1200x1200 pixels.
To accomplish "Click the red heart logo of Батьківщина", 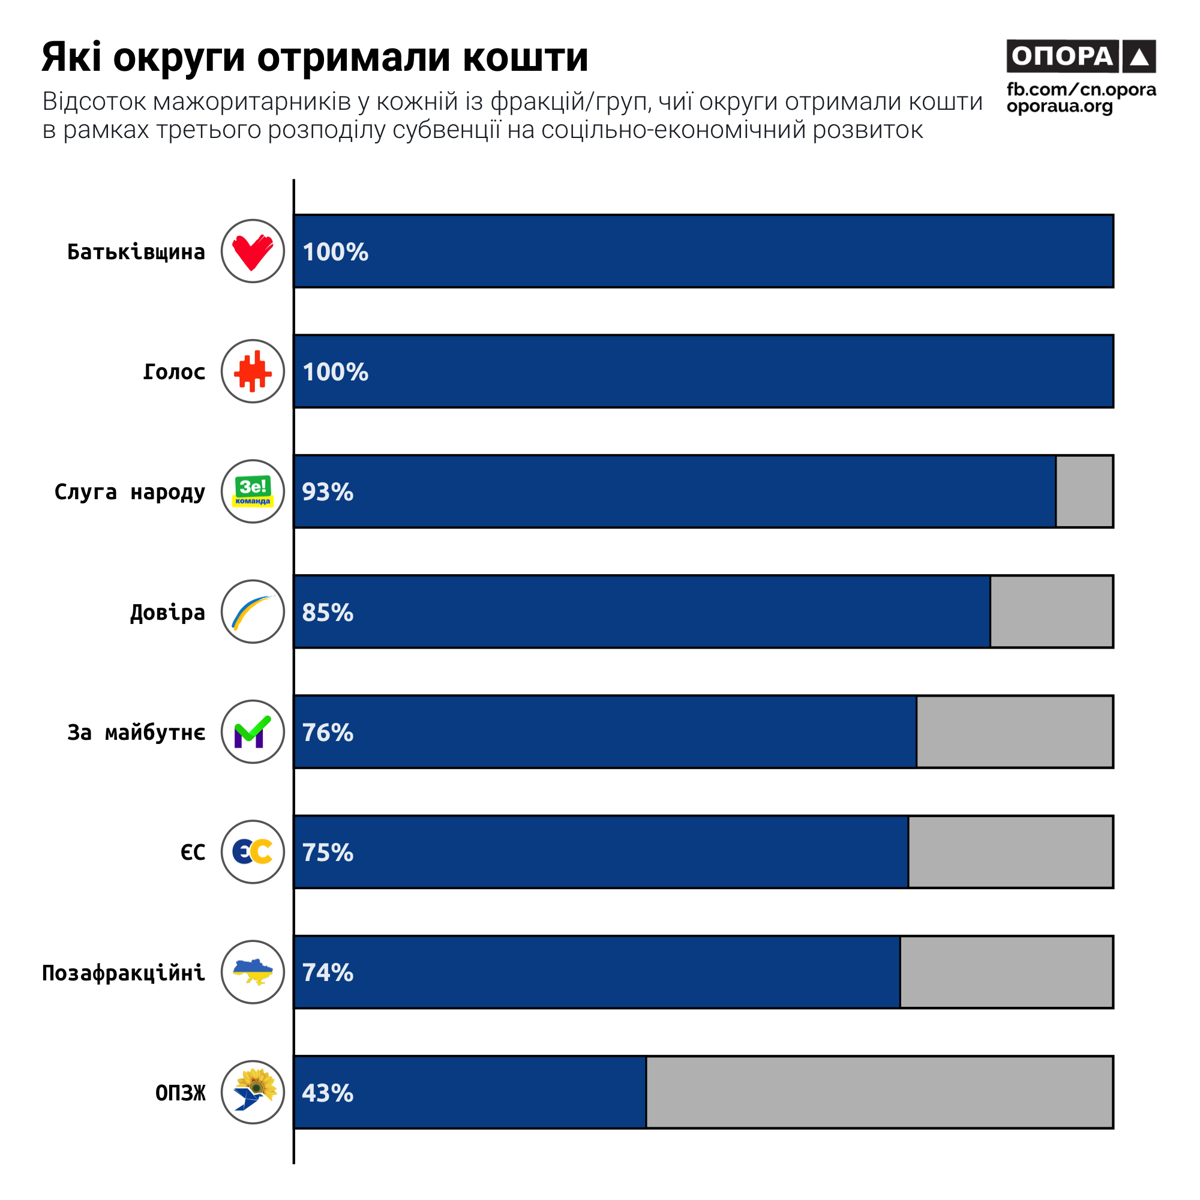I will point(253,251).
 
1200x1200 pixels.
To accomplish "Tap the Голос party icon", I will point(253,371).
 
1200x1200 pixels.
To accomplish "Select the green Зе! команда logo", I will point(253,491).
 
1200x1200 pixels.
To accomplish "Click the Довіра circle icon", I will point(253,612).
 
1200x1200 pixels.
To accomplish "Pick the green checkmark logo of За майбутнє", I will point(253,731).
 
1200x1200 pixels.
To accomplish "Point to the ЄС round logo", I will point(253,851).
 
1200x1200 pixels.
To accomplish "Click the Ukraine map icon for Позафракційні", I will point(253,972).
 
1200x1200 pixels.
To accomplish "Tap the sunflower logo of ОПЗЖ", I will point(253,1092).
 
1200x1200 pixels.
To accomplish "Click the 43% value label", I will point(328,1093).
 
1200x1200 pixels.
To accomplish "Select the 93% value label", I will point(328,492).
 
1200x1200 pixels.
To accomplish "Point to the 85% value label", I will point(328,613).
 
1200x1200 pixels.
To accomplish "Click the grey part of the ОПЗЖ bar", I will point(879,1092).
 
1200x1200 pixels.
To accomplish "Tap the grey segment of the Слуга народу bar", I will point(1084,491).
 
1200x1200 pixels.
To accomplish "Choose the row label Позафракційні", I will point(124,973).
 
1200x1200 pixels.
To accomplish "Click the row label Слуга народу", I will point(130,492).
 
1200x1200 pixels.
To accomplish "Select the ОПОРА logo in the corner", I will point(1081,56).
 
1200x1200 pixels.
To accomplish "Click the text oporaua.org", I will point(1060,107).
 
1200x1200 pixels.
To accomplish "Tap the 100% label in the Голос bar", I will point(335,372).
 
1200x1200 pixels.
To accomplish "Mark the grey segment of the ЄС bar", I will point(1010,851).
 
